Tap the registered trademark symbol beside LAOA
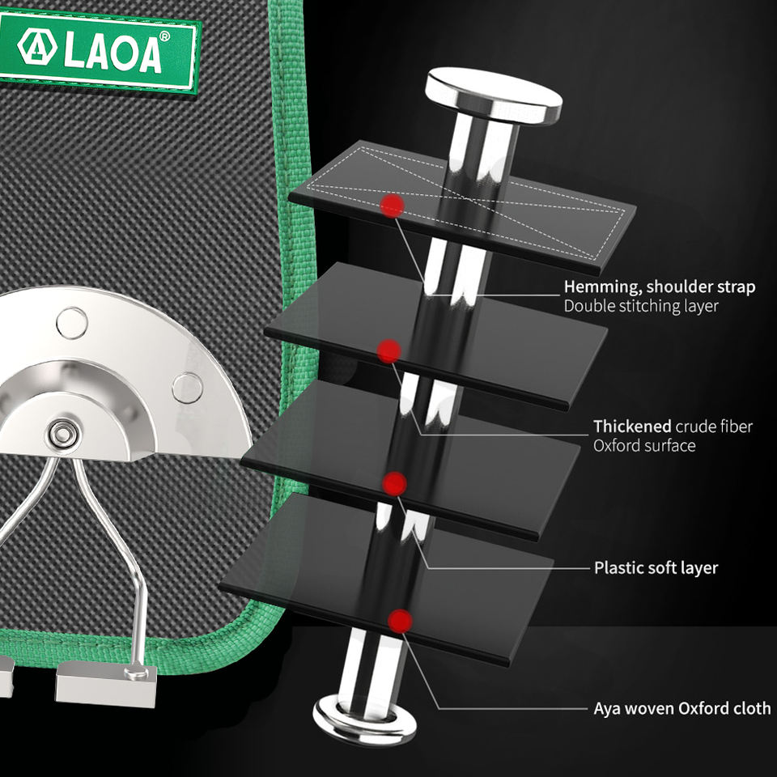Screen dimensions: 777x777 point(164,36)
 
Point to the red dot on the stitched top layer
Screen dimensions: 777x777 point(393,205)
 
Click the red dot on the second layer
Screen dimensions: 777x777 point(389,350)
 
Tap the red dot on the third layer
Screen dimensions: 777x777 point(394,483)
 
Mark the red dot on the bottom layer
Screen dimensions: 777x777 point(399,621)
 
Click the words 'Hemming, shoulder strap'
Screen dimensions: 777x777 point(660,287)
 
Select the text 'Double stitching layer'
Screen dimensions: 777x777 point(641,306)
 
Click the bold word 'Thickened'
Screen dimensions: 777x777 point(632,427)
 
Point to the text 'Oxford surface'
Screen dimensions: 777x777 point(644,446)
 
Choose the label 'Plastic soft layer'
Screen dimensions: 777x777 point(656,568)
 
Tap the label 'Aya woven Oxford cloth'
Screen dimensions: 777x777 point(681,709)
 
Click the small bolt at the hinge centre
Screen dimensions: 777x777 point(60,434)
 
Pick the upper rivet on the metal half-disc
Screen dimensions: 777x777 point(71,322)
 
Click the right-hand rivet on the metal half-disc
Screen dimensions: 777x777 point(187,388)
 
